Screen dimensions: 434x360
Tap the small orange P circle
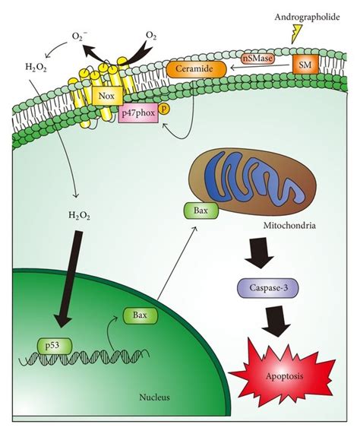[x=163, y=108]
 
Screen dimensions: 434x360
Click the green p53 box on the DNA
[x=55, y=347]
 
